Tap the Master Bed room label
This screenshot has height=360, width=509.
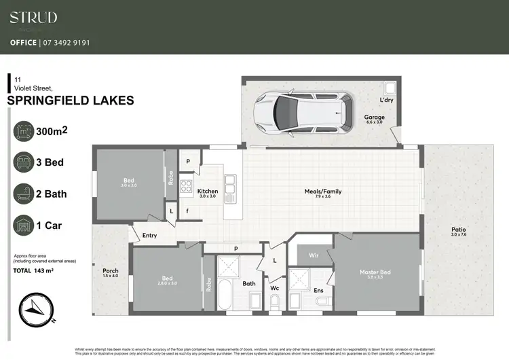tap(375, 273)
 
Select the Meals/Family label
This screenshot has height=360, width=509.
tap(323, 192)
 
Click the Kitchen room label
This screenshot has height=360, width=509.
tap(207, 192)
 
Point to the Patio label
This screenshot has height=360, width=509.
tap(459, 230)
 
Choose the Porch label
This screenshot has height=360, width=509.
tap(110, 270)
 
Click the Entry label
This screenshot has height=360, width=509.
tap(150, 236)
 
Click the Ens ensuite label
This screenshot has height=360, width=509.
tap(318, 291)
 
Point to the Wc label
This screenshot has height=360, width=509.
tap(275, 288)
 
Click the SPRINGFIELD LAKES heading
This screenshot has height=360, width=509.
tap(70, 101)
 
